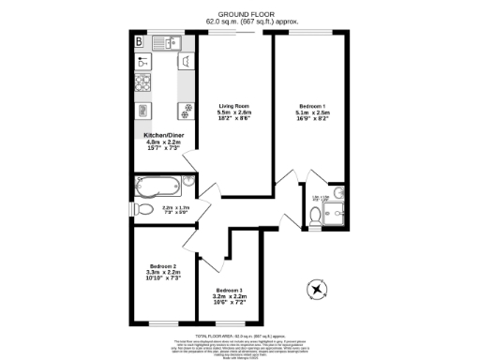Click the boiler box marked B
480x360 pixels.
(x=139, y=42)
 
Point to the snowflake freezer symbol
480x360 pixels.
(x=185, y=106)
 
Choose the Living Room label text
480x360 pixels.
(x=234, y=106)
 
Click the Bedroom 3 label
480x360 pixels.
(x=229, y=291)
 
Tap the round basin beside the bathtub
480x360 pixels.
(x=188, y=181)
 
